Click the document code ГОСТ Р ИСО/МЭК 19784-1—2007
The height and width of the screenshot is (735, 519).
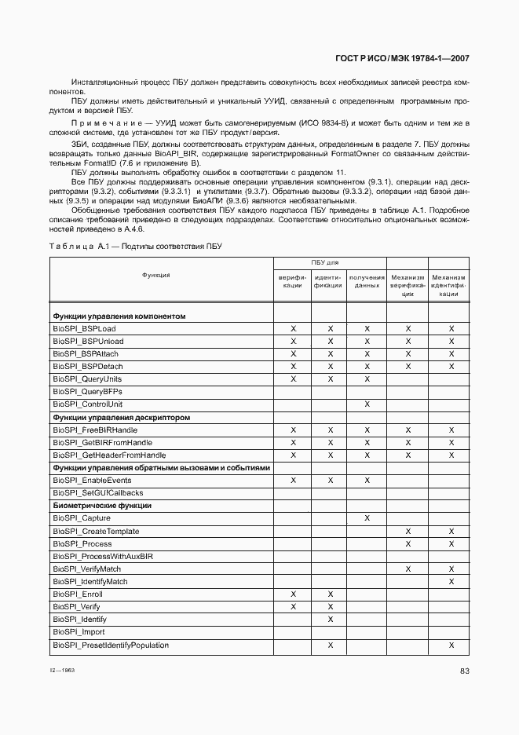coord(403,58)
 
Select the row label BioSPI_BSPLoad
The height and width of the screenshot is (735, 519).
coord(84,328)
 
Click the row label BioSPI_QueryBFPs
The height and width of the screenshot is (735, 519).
coord(87,391)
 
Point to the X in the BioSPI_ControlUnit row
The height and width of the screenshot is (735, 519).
coord(367,404)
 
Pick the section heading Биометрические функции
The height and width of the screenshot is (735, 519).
coord(102,506)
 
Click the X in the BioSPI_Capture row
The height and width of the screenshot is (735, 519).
coord(367,518)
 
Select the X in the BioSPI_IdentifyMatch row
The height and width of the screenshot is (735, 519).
coord(451,582)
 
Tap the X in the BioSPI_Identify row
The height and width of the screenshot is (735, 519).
coord(331,620)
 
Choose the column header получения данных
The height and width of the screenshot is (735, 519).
coord(367,281)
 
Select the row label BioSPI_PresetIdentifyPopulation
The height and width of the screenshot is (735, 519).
coord(111,645)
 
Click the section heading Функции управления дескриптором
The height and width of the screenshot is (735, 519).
coord(121,417)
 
